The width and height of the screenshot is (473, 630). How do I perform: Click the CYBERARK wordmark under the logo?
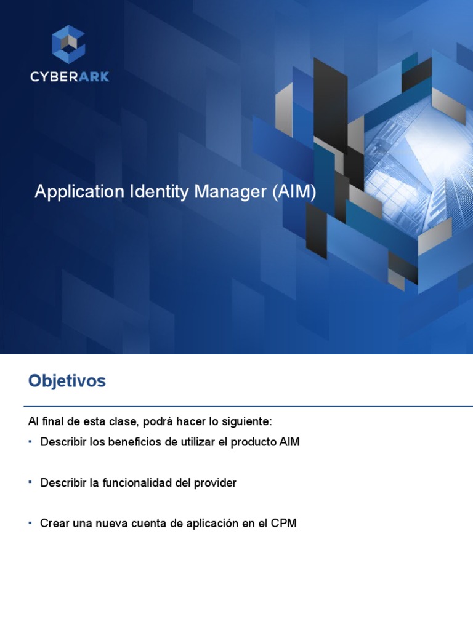pos(69,76)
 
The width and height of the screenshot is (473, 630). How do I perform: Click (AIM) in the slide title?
pos(294,192)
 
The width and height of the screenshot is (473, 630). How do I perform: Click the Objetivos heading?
pos(67,381)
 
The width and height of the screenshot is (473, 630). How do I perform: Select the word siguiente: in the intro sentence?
pos(246,422)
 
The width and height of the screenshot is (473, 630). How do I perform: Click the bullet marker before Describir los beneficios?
pos(30,441)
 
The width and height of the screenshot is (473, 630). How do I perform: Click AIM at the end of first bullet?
pos(289,442)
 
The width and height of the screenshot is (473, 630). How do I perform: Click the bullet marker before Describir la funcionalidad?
pos(30,482)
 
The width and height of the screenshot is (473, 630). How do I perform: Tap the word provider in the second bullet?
pos(215,483)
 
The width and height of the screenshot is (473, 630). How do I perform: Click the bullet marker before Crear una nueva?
pos(30,522)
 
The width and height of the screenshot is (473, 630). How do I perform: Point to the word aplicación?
pos(212,524)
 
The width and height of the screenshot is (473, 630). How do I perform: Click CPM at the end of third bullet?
pos(285,524)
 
